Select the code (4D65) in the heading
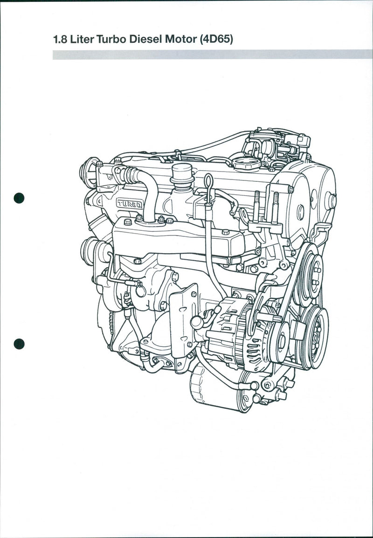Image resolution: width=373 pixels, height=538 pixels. tap(216, 40)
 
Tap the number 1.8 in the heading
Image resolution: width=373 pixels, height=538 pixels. tap(61, 40)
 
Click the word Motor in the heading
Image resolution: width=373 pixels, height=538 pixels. tap(180, 40)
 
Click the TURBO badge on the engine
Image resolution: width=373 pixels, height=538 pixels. tap(129, 203)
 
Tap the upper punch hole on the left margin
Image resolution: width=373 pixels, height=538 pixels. tap(19, 198)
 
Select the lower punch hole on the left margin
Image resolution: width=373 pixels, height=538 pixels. tap(19, 344)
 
